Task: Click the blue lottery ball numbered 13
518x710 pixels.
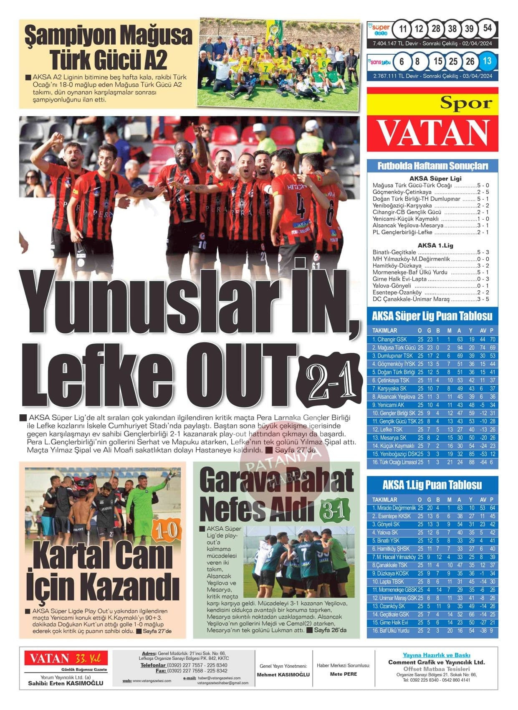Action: pos(487,61)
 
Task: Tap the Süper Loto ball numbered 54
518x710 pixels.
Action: pos(487,28)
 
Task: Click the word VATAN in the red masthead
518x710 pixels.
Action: pos(433,132)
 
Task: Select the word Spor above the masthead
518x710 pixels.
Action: pos(466,103)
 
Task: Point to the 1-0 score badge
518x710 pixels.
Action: pos(166,532)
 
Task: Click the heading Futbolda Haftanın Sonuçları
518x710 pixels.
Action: pos(432,166)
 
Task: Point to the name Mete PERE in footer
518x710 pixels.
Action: pos(344,674)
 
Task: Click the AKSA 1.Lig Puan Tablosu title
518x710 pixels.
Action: pos(432,485)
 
